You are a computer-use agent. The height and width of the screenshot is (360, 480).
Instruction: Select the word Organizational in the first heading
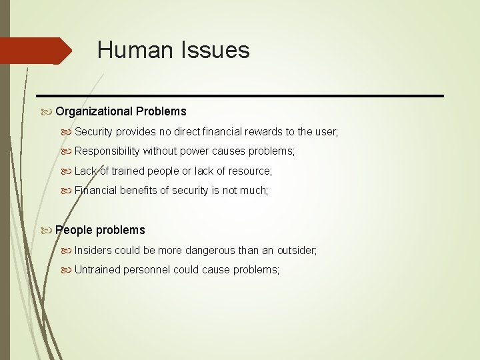94,111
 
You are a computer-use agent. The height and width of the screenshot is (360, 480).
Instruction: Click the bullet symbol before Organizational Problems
47,111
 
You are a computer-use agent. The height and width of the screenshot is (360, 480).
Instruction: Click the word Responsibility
107,151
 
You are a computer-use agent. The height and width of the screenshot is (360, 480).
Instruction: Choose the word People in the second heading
73,230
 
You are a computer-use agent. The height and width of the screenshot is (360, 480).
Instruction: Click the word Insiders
93,251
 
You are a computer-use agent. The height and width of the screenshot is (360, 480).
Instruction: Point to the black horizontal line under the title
240,96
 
